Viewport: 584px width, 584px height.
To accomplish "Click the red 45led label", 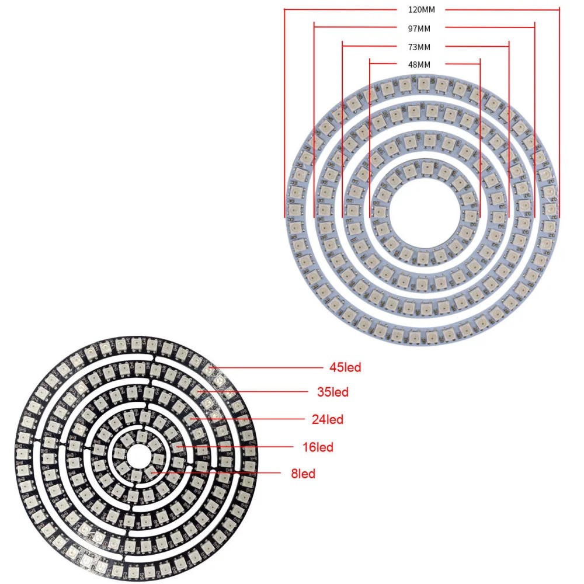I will (x=345, y=368).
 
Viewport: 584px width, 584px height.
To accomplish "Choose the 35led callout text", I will (x=333, y=392).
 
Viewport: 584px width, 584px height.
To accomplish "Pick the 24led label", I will (x=328, y=419).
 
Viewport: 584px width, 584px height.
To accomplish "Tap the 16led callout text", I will (x=318, y=447).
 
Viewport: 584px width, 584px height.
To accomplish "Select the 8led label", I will (x=303, y=474).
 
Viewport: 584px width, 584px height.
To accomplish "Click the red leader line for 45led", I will (x=269, y=368).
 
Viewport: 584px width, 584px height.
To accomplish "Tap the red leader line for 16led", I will (x=234, y=447).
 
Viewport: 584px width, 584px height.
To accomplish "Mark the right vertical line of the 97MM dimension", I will (x=534, y=117).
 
